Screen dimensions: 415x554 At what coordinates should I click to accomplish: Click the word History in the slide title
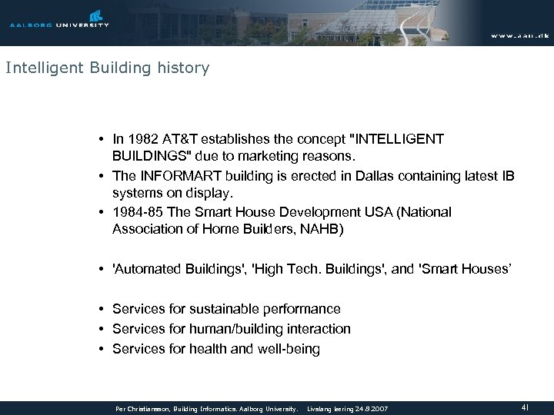click(183, 68)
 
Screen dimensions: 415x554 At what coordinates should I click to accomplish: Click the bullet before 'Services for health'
click(102, 348)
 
